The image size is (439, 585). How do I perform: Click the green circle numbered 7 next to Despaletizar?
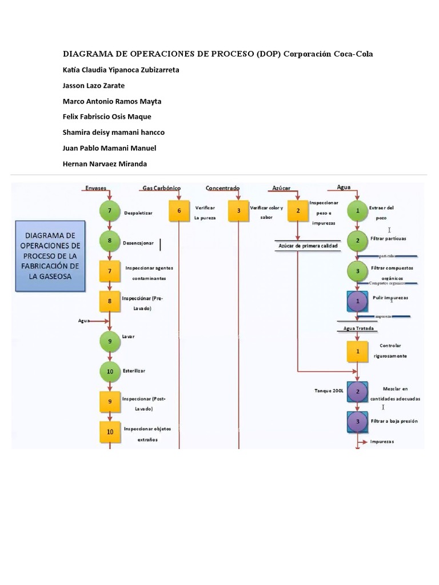109,211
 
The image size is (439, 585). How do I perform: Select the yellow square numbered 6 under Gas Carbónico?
179,211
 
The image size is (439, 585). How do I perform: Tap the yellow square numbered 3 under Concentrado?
238,211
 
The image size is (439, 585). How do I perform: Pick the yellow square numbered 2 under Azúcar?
298,211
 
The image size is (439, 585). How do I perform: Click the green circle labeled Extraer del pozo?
358,211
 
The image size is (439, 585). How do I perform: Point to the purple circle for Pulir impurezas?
358,301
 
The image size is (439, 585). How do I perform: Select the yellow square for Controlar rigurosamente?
358,351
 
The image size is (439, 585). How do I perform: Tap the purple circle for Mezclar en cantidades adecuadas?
358,392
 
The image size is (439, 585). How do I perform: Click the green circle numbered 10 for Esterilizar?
109,371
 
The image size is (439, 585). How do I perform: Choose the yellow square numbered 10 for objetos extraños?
109,431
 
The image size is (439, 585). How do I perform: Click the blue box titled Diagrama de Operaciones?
50,256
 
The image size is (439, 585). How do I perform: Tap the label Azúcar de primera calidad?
308,246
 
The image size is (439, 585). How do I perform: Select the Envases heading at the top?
95,188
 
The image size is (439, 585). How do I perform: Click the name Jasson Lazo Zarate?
93,86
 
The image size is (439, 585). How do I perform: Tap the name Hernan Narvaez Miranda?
105,164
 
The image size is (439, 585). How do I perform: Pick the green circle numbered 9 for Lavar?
109,342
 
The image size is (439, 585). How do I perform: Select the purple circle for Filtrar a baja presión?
358,422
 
